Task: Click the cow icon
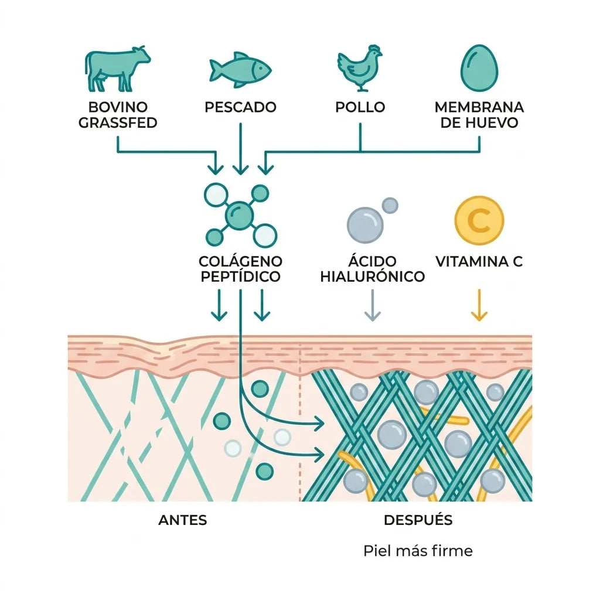coord(117,69)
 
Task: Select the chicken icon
coord(360,68)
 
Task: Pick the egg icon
coord(479,68)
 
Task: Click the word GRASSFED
coord(118,123)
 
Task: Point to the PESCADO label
coord(240,107)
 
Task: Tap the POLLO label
coord(360,107)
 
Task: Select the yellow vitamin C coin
coord(479,220)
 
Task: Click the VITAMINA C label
coord(479,261)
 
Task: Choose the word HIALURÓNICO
coord(372,277)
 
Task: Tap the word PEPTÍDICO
coord(240,277)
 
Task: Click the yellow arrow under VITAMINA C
coord(479,305)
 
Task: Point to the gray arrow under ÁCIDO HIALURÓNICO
coord(372,305)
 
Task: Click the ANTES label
coord(183,520)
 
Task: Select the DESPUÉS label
coord(418,520)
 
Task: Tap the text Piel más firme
coord(418,551)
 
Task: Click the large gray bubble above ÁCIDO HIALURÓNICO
coord(364,225)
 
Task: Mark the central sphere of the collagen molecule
coord(240,216)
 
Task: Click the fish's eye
coord(261,69)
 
